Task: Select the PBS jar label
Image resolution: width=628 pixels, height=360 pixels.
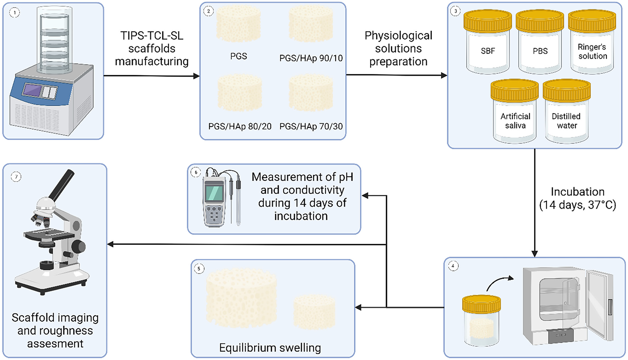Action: (x=540, y=51)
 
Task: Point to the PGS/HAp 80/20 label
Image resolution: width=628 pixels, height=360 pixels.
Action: (x=240, y=126)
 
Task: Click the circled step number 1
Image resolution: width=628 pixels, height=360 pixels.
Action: (x=14, y=13)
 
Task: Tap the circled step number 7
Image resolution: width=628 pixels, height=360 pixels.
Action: (x=16, y=177)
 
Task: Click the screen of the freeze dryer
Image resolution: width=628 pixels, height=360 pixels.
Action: (x=32, y=90)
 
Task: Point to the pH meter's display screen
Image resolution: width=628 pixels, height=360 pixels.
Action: (x=214, y=193)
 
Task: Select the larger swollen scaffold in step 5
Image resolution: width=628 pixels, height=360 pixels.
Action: (x=241, y=298)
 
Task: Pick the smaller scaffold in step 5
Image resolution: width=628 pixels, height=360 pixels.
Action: (x=314, y=312)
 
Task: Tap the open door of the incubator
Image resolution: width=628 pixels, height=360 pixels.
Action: (x=599, y=305)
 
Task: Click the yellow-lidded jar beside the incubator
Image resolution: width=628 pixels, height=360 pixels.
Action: (x=481, y=320)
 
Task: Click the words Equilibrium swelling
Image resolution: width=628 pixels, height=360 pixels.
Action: (x=270, y=348)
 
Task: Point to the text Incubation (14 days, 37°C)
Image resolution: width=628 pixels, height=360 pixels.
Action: (x=578, y=198)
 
